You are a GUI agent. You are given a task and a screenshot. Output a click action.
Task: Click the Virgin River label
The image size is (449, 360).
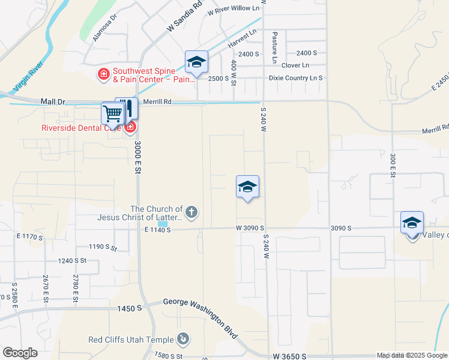pos(29,74)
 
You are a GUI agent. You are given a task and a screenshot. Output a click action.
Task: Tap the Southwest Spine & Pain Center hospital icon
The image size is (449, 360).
pos(103,74)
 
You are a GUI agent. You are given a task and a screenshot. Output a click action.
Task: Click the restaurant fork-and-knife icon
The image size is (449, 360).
pos(128,108)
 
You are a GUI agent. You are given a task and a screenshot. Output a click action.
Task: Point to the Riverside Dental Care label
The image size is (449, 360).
pos(81,127)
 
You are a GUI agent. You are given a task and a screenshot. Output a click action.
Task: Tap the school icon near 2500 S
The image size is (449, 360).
pos(196,62)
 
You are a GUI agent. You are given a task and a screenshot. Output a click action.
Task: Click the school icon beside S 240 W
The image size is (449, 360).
pos(247,187)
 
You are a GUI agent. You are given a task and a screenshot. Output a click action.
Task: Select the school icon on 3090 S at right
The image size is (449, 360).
pos(412,223)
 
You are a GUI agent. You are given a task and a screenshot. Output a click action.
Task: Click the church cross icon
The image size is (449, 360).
pos(191,212)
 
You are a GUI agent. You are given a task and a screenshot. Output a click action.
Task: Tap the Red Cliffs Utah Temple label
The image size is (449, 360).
pos(131,340)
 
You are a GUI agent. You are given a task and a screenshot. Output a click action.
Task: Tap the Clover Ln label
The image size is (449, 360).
pos(295,65)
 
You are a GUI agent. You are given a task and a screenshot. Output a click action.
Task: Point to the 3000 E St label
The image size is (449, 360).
pos(137,158)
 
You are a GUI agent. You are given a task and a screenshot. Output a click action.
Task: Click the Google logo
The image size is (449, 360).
pos(20,353)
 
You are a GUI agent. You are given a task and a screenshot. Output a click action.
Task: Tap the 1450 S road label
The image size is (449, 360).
pos(130,308)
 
